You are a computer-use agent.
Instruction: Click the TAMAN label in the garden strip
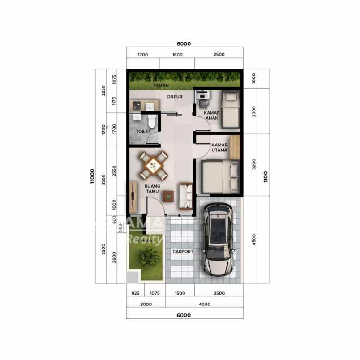point(161,85)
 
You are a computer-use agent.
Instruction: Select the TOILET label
point(143,132)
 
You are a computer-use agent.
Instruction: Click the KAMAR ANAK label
point(211,116)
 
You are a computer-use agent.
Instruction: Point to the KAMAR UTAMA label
point(220,148)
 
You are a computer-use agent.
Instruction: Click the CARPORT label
point(183,252)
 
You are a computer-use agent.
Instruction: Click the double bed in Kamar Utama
point(221,177)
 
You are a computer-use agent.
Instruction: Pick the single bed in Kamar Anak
point(231,108)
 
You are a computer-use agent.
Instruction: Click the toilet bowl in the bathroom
point(152,121)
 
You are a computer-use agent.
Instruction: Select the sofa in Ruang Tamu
point(185,196)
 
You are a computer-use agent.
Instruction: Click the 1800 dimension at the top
point(177,55)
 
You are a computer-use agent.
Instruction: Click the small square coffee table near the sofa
point(168,196)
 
